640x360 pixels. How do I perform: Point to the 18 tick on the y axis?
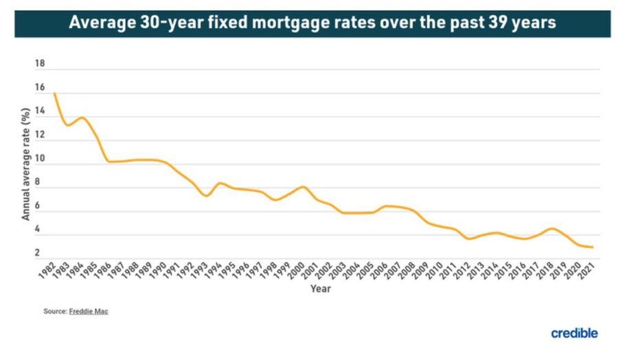[39, 64]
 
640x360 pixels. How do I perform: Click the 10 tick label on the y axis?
[39, 159]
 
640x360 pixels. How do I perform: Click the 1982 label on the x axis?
[48, 269]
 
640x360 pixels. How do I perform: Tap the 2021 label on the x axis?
[588, 269]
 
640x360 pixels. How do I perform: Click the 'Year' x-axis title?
[320, 289]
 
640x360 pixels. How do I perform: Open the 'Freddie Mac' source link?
[89, 311]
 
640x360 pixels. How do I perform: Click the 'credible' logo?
[574, 333]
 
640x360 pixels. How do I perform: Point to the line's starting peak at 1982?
[54, 93]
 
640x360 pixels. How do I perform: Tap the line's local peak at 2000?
[303, 186]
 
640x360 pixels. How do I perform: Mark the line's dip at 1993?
[206, 196]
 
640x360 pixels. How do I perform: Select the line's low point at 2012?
[468, 238]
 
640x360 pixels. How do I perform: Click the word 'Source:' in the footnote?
[55, 311]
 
